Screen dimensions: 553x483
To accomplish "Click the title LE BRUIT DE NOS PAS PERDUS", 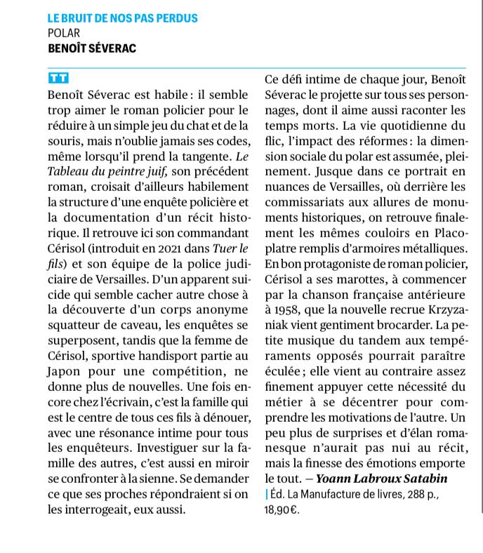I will point(123,18).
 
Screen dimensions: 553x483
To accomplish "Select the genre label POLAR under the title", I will point(63,33).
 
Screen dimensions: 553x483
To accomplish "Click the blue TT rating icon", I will point(58,78).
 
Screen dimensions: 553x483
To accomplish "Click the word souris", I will point(65,140).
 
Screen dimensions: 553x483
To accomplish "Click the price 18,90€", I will point(282,510).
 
